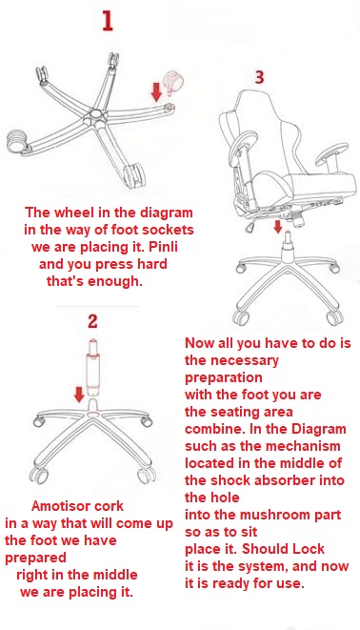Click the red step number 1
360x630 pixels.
click(108, 21)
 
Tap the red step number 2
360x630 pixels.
click(92, 321)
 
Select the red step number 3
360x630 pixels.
click(259, 77)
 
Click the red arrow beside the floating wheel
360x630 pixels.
click(156, 91)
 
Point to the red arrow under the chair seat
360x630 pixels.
click(277, 226)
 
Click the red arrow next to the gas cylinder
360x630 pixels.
click(79, 395)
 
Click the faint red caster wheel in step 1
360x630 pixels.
click(173, 82)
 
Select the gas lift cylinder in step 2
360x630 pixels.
click(93, 366)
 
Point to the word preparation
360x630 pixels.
click(224, 377)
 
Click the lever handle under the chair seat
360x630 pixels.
click(249, 228)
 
